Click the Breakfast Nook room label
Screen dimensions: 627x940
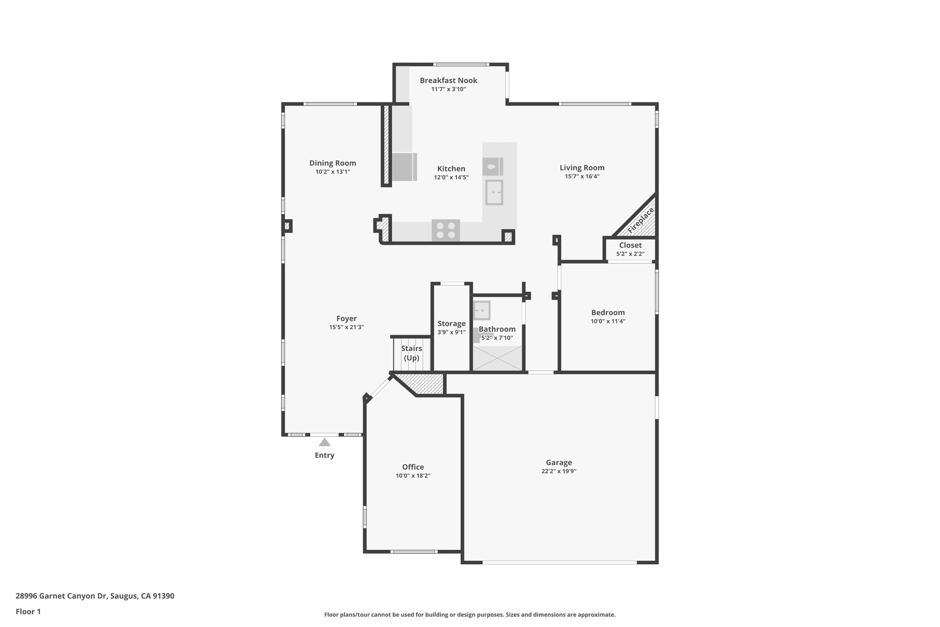(x=448, y=80)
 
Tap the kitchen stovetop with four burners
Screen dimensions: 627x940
(x=446, y=230)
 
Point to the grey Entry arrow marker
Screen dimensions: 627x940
(x=325, y=442)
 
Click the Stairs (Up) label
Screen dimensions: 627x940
(x=411, y=353)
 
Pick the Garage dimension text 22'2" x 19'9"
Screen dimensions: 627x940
(x=559, y=471)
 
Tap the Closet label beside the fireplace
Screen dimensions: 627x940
(x=630, y=245)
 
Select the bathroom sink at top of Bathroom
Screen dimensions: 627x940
(x=481, y=311)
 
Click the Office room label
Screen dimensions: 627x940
(x=413, y=467)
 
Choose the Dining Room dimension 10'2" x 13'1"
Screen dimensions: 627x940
(x=332, y=172)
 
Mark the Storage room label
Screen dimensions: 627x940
(x=451, y=324)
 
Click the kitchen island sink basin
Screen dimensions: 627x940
(x=494, y=192)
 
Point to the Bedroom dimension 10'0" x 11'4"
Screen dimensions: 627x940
(x=608, y=321)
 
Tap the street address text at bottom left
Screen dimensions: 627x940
(x=95, y=596)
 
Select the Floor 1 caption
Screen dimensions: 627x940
(x=28, y=611)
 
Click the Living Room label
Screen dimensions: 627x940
(x=582, y=168)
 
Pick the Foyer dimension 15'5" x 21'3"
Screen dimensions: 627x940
(x=346, y=327)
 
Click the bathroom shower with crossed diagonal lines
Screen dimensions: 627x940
(x=498, y=358)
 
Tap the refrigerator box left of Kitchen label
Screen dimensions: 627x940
(x=403, y=167)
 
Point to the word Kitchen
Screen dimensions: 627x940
(x=451, y=169)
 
